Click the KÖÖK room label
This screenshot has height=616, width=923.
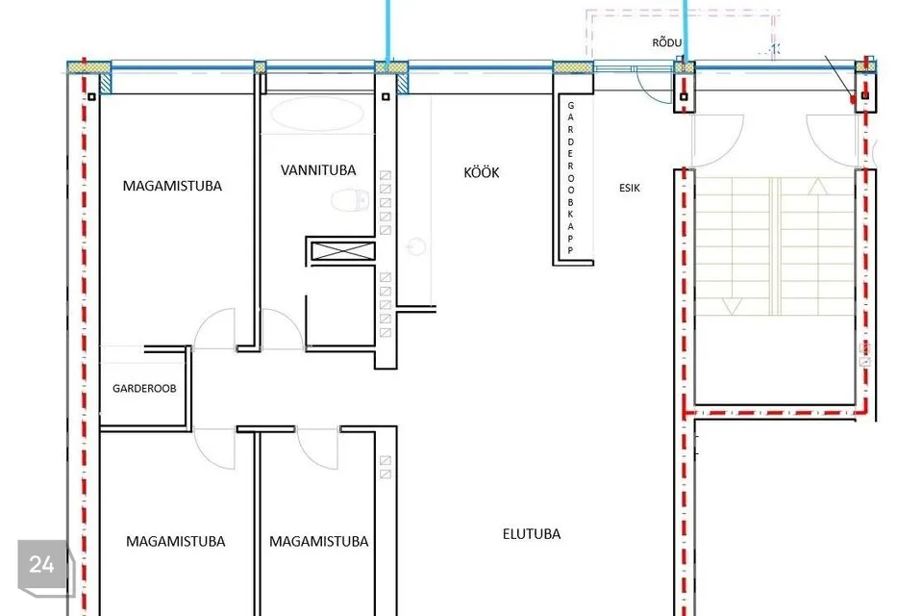point(482,172)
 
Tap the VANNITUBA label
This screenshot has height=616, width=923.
point(318,170)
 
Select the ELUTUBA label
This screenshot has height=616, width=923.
point(532,534)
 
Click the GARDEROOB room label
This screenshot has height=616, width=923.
point(144,389)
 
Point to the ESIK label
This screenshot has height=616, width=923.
point(629,188)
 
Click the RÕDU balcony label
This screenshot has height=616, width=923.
point(667,42)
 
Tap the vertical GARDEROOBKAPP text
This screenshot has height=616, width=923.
point(570,178)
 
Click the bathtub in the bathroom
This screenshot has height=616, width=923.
point(318,114)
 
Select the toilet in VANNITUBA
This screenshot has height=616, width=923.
point(350,200)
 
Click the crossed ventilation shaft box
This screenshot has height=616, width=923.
point(342,251)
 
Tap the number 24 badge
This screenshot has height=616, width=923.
point(42,564)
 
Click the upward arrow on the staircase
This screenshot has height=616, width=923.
point(817,187)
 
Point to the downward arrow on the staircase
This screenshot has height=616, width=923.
point(732,306)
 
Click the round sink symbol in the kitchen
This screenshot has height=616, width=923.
point(416,246)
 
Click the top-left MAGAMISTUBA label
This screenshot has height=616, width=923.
point(172,187)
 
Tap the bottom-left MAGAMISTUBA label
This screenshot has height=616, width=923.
point(175,541)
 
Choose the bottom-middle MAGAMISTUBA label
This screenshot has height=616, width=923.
point(318,541)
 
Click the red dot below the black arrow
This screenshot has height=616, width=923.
point(854,100)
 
